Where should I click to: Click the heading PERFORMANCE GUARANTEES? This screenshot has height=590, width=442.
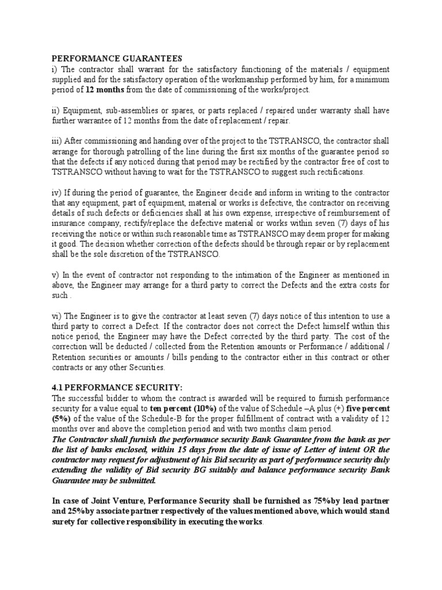(117, 59)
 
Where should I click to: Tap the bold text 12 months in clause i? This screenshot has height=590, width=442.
(104, 90)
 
